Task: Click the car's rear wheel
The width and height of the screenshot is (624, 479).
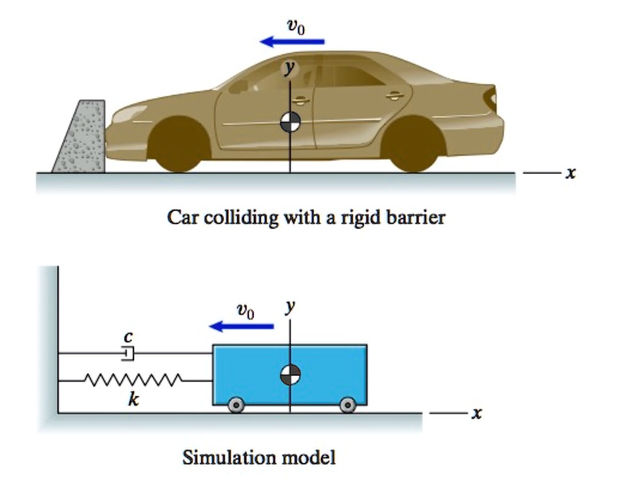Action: pos(414,146)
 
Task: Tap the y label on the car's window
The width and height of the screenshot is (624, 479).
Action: pos(290,69)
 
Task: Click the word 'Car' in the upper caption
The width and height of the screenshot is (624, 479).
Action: pos(180,217)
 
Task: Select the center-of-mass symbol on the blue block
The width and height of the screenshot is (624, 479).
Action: pos(290,374)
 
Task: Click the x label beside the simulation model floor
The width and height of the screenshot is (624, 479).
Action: pos(477,413)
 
